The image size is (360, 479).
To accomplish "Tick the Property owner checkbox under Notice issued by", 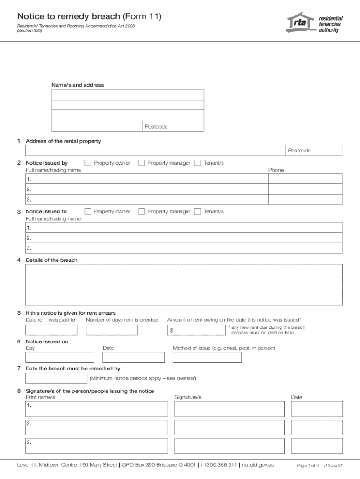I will pyautogui.click(x=88, y=163).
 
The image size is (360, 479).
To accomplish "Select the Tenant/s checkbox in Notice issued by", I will pyautogui.click(x=197, y=163).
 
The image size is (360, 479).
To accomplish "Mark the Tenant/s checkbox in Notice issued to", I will pyautogui.click(x=197, y=211).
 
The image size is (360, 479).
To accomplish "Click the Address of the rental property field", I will pyautogui.click(x=154, y=151).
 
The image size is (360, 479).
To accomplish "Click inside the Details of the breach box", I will pyautogui.click(x=184, y=284).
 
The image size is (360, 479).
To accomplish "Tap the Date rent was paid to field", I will pyautogui.click(x=51, y=330).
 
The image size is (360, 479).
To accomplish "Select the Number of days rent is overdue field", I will pyautogui.click(x=112, y=330).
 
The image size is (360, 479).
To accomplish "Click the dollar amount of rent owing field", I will pyautogui.click(x=199, y=330).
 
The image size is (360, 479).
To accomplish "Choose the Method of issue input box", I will pyautogui.click(x=207, y=357).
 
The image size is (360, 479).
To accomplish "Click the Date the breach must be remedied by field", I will pyautogui.click(x=56, y=378).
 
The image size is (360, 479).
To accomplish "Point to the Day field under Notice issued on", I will pyautogui.click(x=60, y=357).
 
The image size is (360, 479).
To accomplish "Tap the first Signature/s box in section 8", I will pyautogui.click(x=229, y=409).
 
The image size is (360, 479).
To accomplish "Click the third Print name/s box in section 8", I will pyautogui.click(x=97, y=446).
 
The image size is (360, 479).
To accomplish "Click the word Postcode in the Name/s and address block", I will pyautogui.click(x=156, y=127).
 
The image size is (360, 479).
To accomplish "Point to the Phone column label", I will pyautogui.click(x=276, y=170).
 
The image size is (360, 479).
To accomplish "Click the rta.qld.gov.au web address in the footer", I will pyautogui.click(x=258, y=465).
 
